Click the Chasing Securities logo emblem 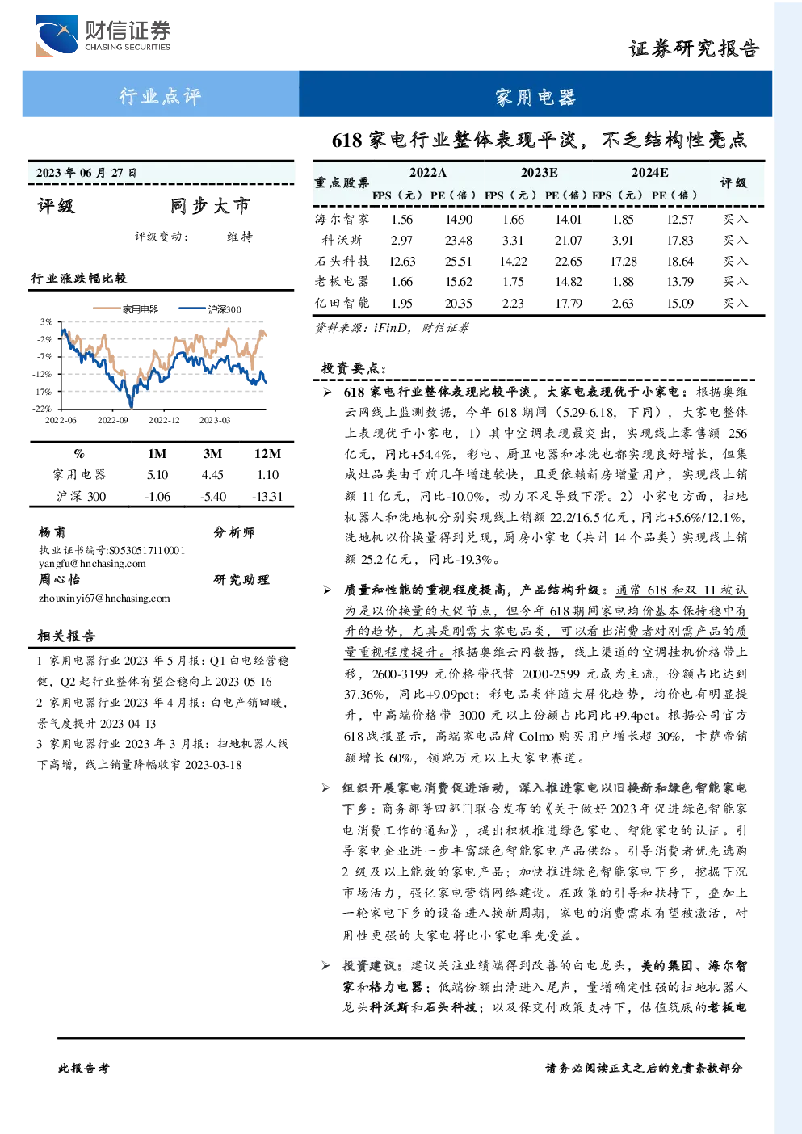[x=57, y=35]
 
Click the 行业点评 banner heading [x=160, y=96]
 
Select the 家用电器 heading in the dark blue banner [x=535, y=97]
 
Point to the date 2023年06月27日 [x=86, y=173]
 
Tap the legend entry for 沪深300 [x=210, y=309]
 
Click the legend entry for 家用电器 [x=125, y=309]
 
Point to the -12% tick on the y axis [x=45, y=374]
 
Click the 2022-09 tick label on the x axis [x=112, y=420]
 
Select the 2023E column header [x=540, y=173]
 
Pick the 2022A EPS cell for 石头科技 [x=402, y=261]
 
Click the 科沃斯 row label [x=342, y=240]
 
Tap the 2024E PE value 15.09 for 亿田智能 [x=679, y=303]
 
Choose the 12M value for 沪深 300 [x=267, y=497]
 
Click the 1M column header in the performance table [x=157, y=454]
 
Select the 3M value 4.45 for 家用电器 [x=212, y=475]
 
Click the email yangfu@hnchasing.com [x=92, y=564]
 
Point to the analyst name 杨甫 [x=52, y=532]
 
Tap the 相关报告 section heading [x=66, y=636]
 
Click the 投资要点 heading [x=354, y=368]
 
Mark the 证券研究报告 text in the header [x=694, y=49]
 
